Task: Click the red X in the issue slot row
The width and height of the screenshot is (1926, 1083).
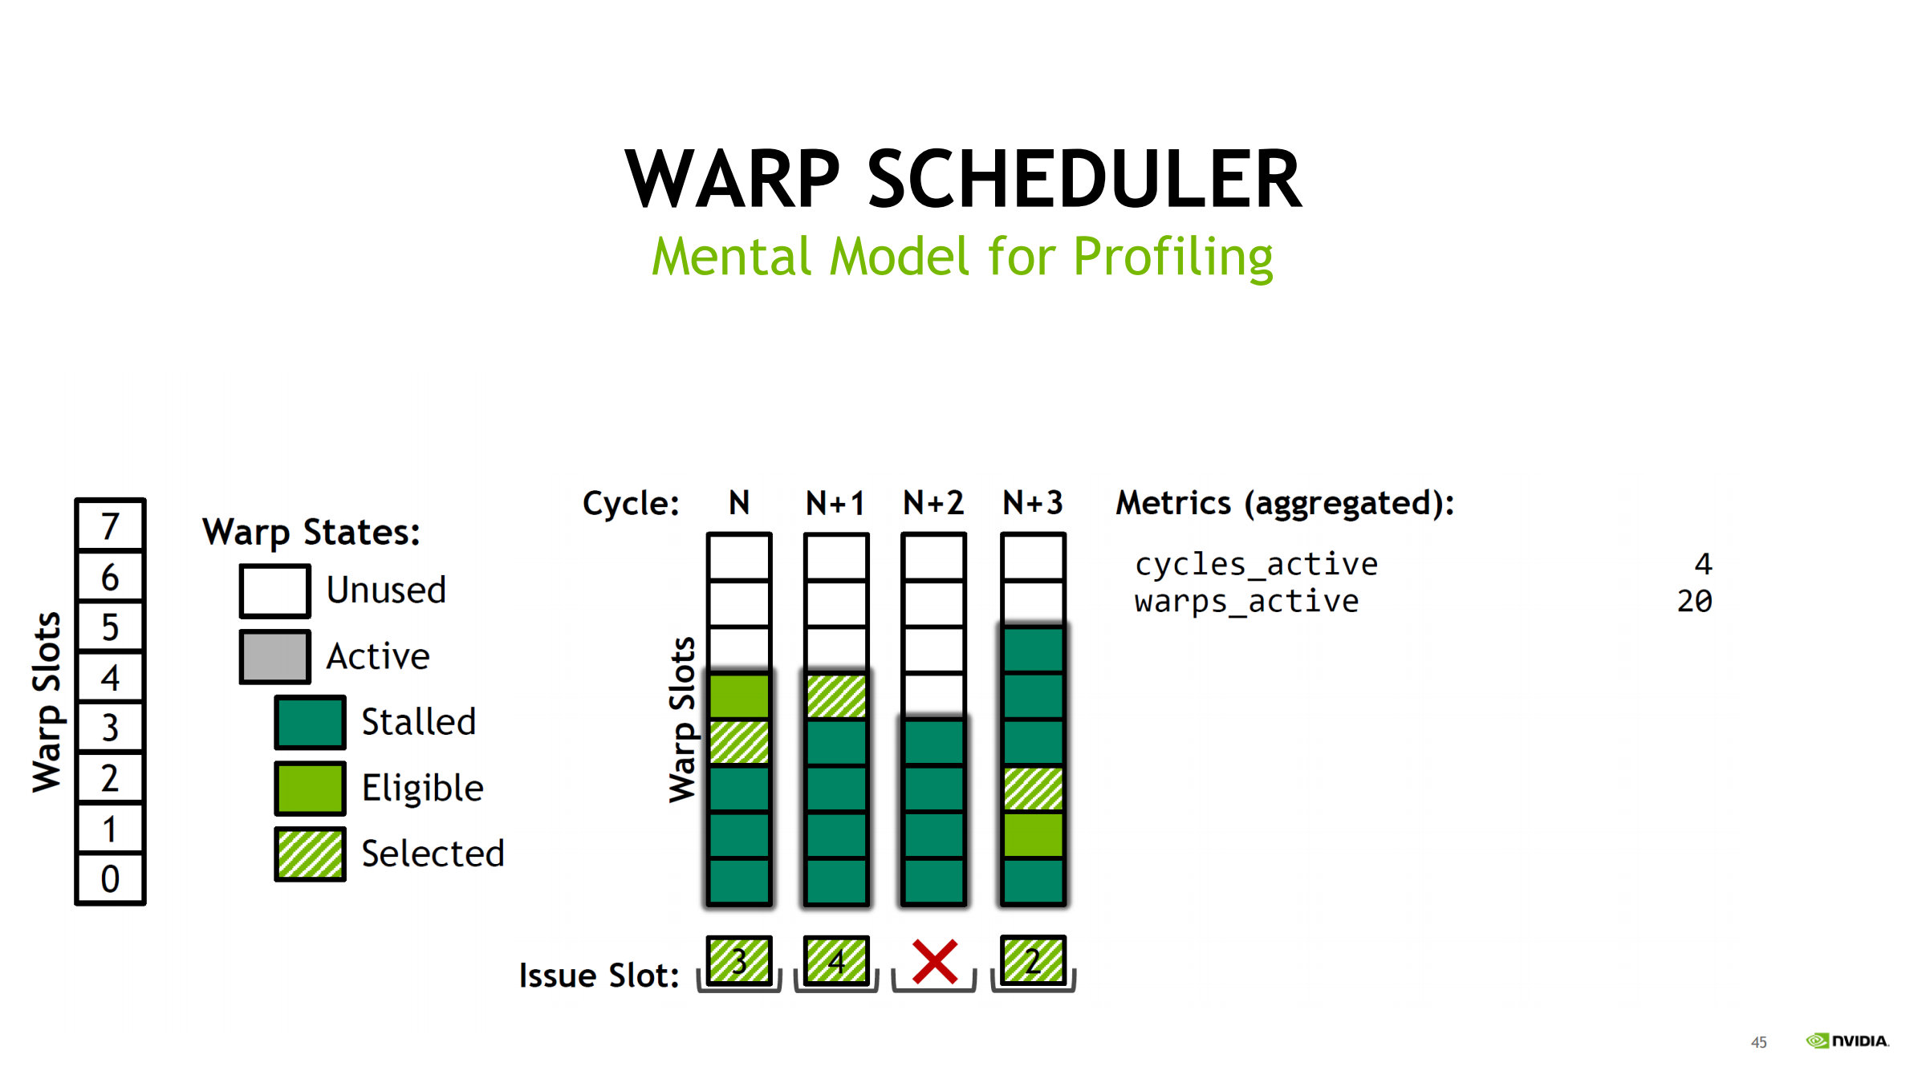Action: [x=935, y=962]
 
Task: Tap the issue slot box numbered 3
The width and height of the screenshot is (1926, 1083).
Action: [x=739, y=960]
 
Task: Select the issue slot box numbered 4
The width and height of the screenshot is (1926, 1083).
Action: [x=836, y=960]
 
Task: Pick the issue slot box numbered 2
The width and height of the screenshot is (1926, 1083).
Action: [x=1033, y=960]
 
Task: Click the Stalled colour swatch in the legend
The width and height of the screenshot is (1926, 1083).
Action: [x=310, y=722]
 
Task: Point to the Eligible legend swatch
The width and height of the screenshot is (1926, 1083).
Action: [x=310, y=788]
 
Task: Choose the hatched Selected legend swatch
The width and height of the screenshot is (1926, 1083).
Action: [x=310, y=854]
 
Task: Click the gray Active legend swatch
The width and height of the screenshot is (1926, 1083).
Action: [x=274, y=657]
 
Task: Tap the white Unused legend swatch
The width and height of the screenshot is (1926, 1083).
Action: [x=274, y=591]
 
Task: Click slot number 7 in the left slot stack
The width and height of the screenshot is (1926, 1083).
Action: [x=110, y=526]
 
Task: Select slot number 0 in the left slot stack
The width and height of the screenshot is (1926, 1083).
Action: [x=110, y=879]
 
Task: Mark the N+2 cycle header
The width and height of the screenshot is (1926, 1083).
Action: [x=933, y=504]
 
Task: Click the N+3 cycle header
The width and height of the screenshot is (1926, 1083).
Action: [x=1033, y=504]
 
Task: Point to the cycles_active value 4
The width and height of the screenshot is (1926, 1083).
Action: [x=1703, y=564]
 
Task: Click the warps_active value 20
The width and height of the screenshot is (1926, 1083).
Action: [x=1694, y=601]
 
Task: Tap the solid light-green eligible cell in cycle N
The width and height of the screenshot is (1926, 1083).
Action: [x=739, y=696]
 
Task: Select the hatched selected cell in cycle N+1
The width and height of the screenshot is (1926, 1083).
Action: [x=836, y=696]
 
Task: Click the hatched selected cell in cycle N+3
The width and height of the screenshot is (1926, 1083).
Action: [x=1033, y=789]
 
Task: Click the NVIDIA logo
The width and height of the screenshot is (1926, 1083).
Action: [x=1847, y=1041]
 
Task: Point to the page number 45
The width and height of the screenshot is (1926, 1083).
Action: [x=1758, y=1042]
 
